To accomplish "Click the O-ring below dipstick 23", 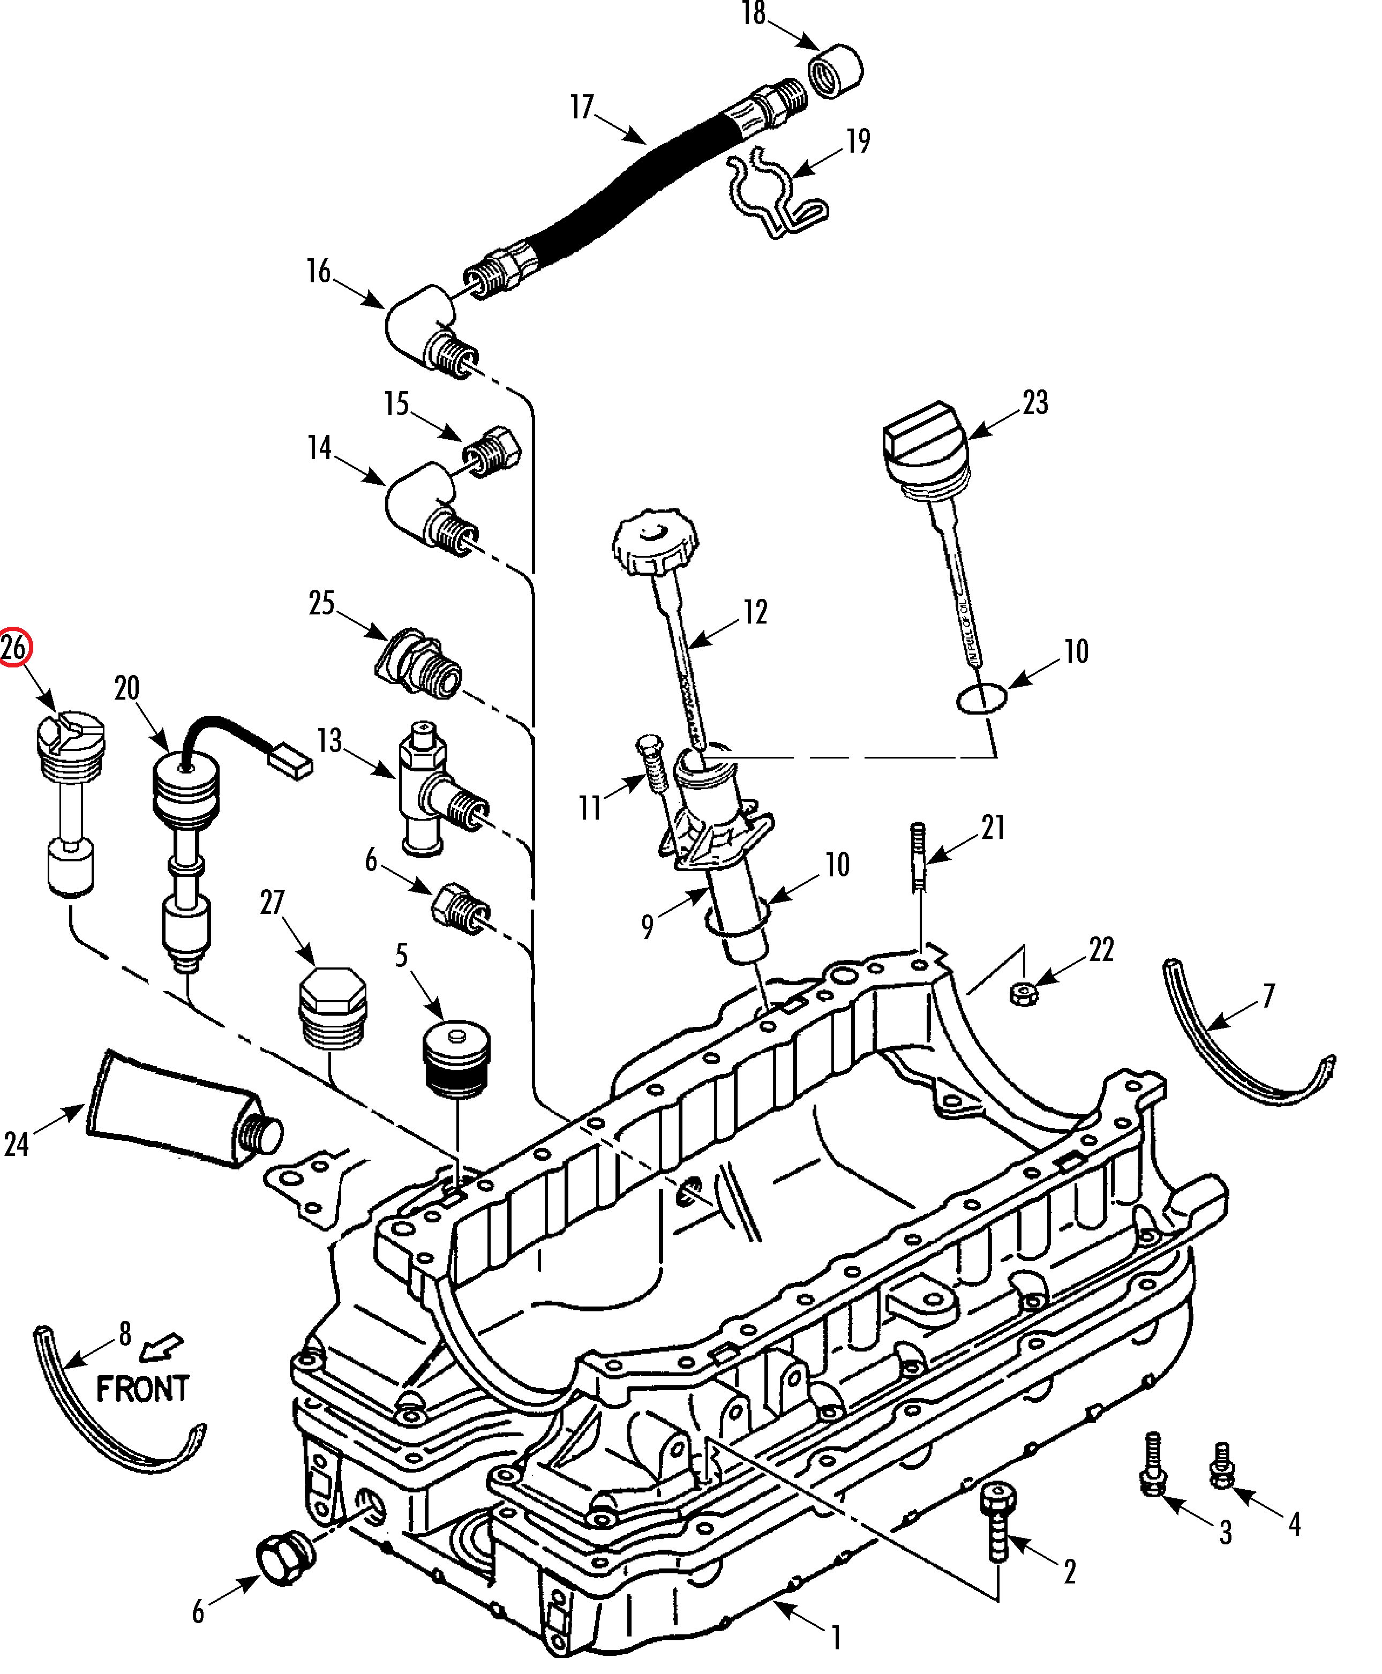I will tap(981, 697).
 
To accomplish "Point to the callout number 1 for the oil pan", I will tap(836, 1632).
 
